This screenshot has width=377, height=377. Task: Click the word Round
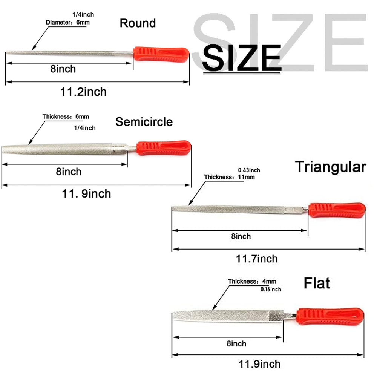click(138, 23)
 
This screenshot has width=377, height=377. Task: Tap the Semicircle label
click(144, 122)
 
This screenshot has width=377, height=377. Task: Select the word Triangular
click(330, 167)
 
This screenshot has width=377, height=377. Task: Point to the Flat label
click(317, 283)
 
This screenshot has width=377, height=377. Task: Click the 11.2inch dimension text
click(83, 92)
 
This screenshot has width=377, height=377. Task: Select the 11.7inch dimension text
click(257, 259)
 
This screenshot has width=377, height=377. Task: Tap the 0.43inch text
click(249, 170)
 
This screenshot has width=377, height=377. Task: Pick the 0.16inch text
click(271, 289)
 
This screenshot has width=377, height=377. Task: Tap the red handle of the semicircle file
click(164, 148)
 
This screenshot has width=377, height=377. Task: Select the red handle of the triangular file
click(337, 210)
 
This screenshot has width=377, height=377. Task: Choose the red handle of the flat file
click(330, 316)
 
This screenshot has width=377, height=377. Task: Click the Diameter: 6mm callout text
click(67, 23)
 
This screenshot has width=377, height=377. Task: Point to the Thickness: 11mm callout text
click(229, 177)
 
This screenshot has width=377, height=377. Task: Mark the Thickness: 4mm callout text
click(252, 281)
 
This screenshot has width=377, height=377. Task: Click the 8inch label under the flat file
click(236, 343)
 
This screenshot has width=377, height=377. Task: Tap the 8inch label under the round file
click(63, 69)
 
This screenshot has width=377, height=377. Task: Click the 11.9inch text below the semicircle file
click(86, 194)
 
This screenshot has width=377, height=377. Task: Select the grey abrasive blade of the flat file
click(228, 316)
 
